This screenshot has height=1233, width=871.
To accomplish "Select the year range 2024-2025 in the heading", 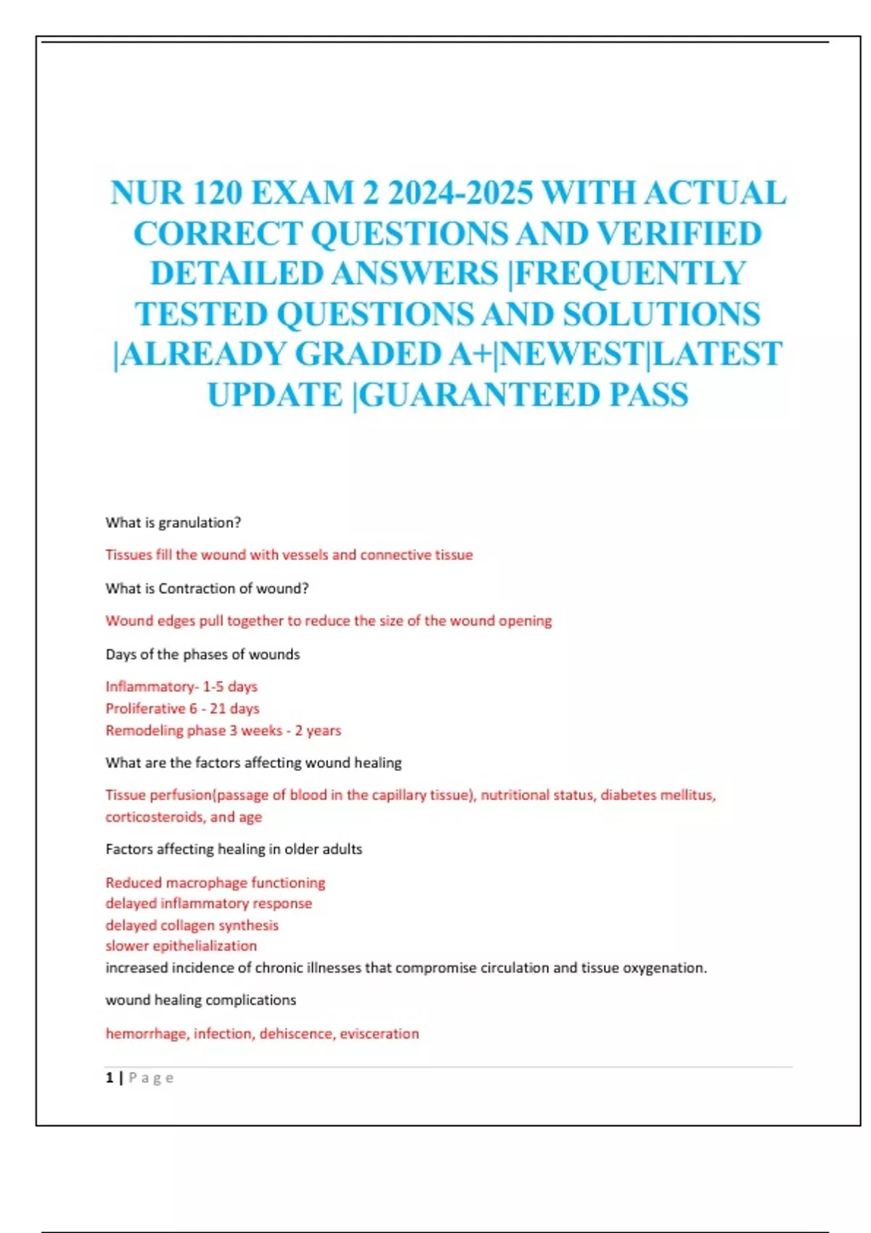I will tap(460, 193).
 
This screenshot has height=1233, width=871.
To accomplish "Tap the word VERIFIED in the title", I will tap(679, 234).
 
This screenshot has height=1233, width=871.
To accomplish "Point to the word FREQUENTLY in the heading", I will tap(629, 273).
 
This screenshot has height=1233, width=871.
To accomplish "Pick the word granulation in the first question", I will tap(199, 522).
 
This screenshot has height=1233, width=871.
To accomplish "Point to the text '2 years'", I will tap(318, 730).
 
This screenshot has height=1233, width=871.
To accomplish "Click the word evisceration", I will tap(380, 1034).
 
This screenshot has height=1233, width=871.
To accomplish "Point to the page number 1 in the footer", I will tap(110, 1078).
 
